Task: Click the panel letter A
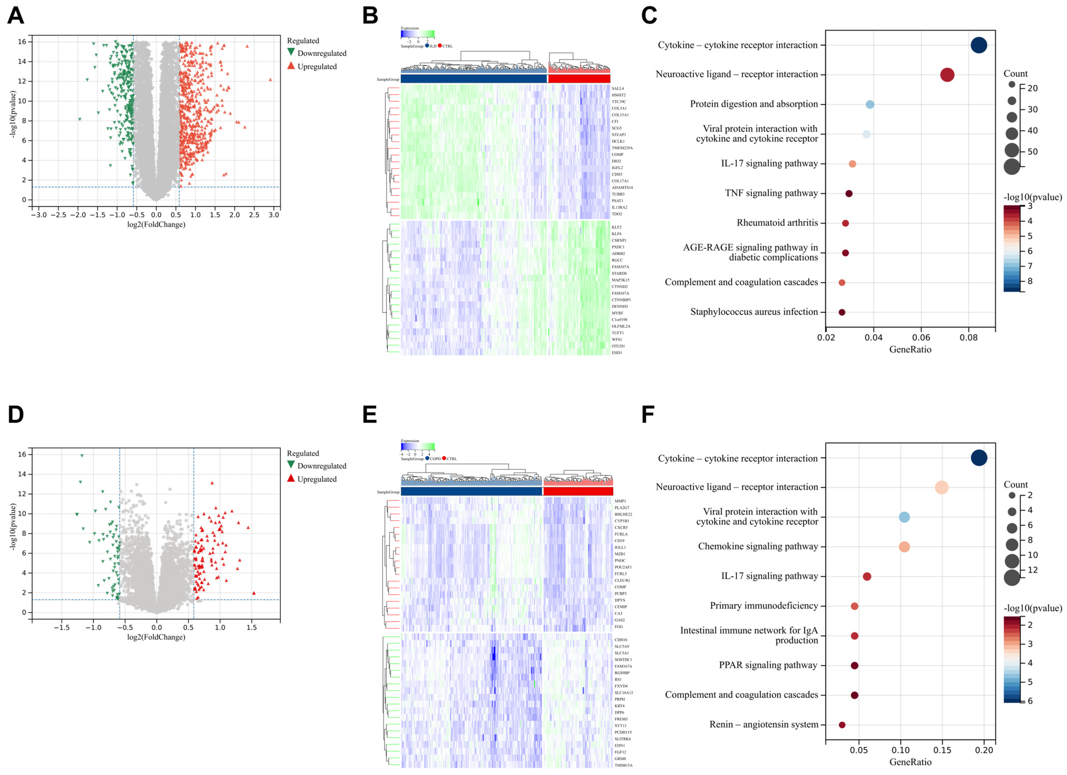pos(16,16)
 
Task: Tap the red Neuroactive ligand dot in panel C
pos(947,75)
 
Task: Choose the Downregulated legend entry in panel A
pos(321,53)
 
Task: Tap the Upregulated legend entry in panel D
pos(317,479)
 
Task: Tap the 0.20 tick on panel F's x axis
pos(984,750)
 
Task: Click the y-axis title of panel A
pos(13,114)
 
